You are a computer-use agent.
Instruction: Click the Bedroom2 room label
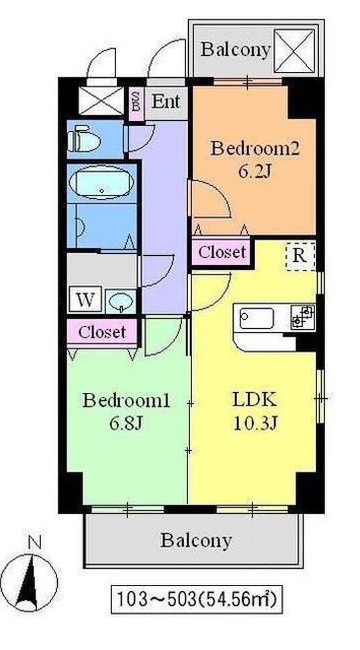tap(255, 148)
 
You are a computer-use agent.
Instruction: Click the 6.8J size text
tap(126, 424)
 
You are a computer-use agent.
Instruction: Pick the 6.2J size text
tap(255, 171)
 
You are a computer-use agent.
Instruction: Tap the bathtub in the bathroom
tap(101, 183)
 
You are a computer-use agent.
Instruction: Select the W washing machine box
tap(85, 299)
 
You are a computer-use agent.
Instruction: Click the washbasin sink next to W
tap(120, 301)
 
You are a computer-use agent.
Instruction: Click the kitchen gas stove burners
tap(302, 317)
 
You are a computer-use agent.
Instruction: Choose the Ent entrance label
tap(165, 101)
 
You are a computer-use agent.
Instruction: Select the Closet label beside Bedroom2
tap(222, 252)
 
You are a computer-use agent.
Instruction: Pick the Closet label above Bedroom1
tap(102, 332)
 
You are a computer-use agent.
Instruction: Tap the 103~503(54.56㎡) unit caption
tap(197, 599)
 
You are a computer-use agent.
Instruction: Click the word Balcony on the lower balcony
tap(196, 541)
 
